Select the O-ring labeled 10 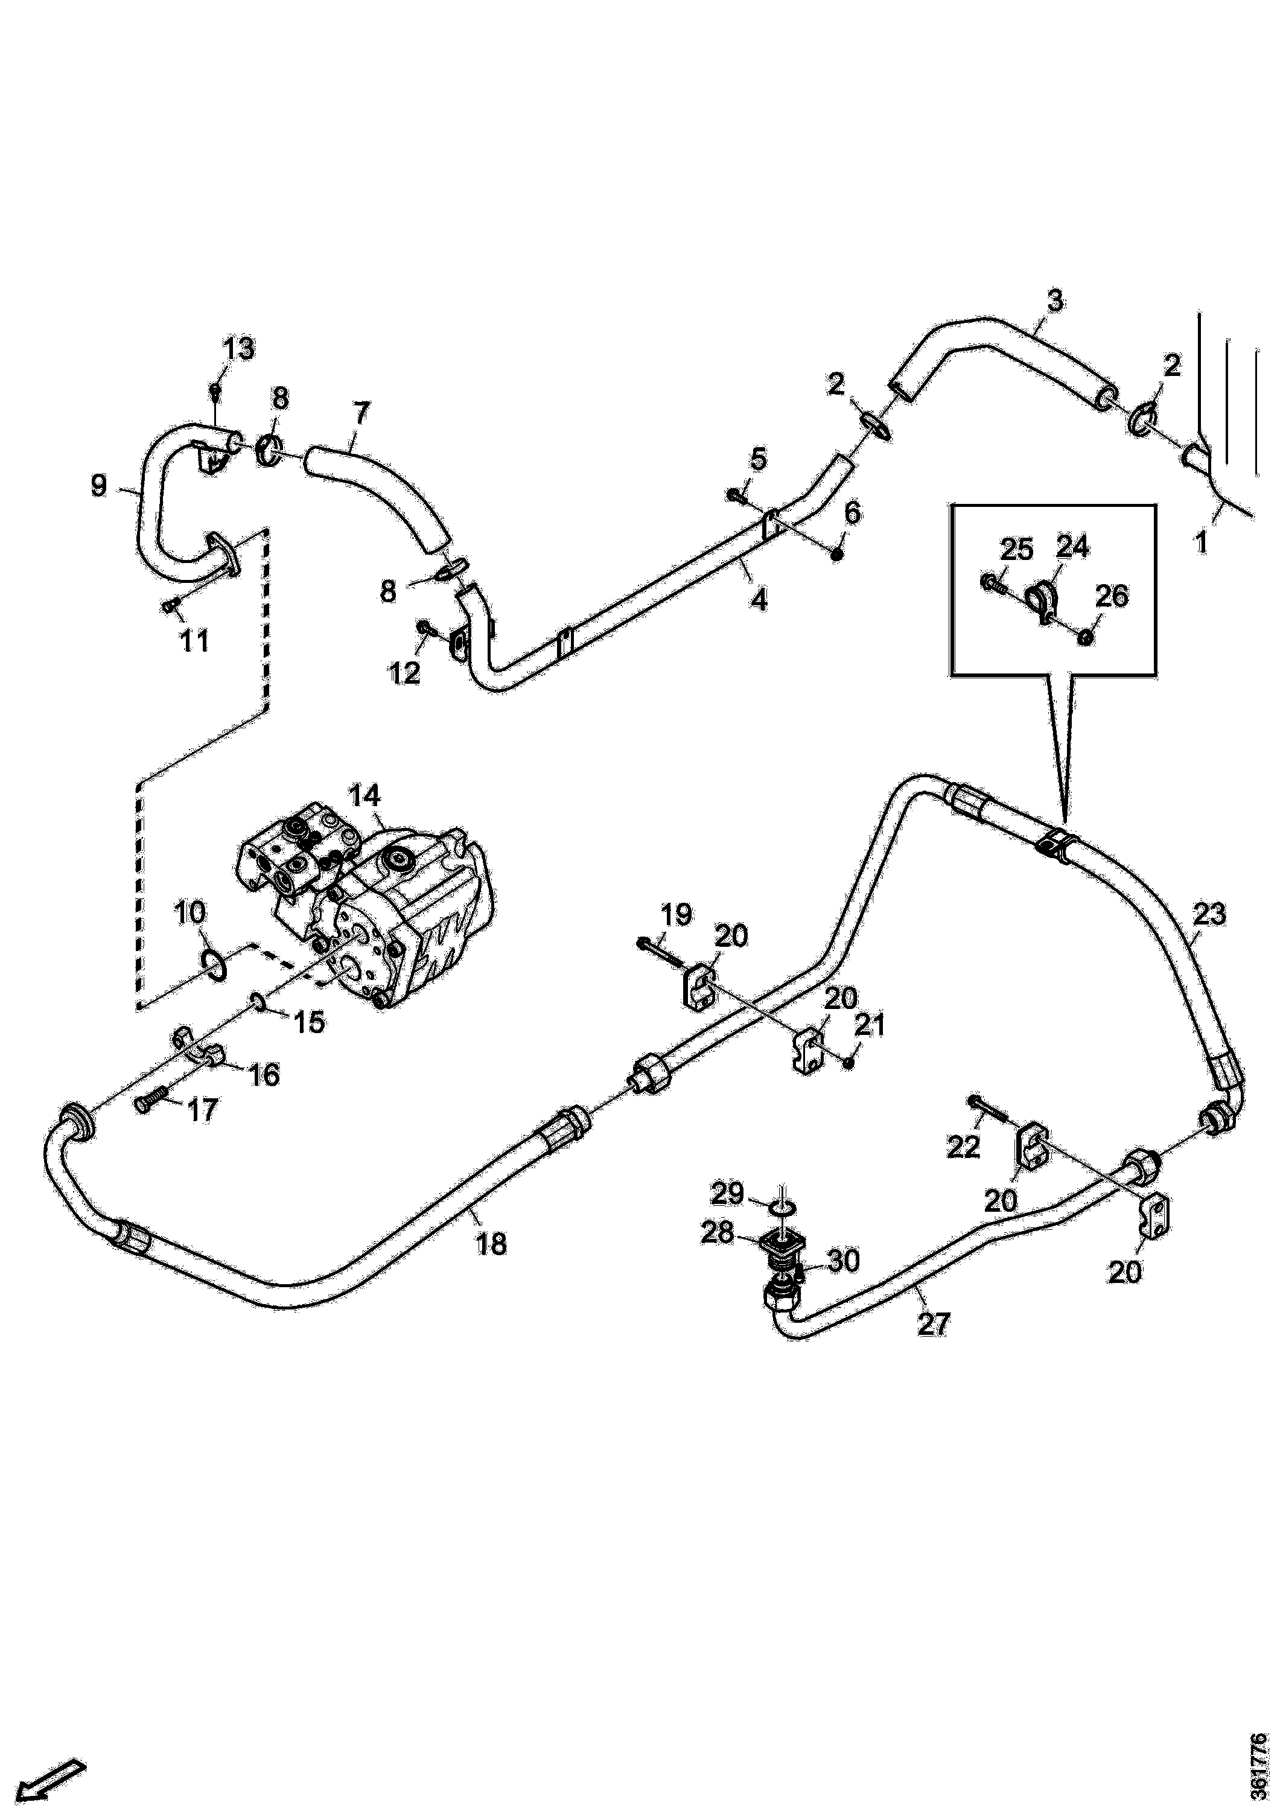pyautogui.click(x=212, y=963)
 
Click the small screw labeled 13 pyautogui.click(x=215, y=389)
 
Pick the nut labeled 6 pyautogui.click(x=838, y=555)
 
